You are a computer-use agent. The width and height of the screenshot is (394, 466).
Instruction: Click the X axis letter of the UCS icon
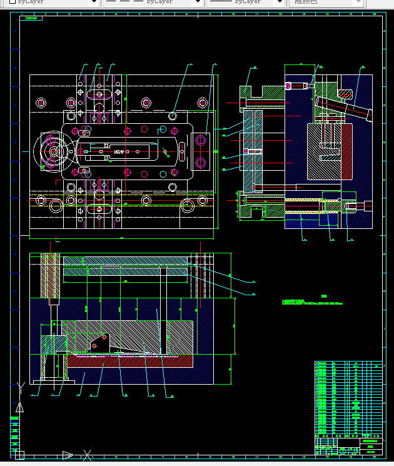click(88, 455)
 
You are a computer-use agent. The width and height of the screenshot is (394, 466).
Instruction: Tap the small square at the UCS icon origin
click(19, 455)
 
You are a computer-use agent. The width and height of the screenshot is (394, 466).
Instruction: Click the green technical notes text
click(313, 301)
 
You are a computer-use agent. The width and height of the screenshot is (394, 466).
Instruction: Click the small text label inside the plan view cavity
click(118, 151)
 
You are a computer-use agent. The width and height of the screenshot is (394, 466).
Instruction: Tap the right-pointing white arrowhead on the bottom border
click(68, 455)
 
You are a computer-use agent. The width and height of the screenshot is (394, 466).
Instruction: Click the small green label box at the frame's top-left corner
click(31, 19)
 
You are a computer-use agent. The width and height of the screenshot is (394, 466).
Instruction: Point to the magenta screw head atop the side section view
click(289, 85)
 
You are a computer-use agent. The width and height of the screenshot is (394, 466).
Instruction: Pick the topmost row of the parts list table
click(348, 363)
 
